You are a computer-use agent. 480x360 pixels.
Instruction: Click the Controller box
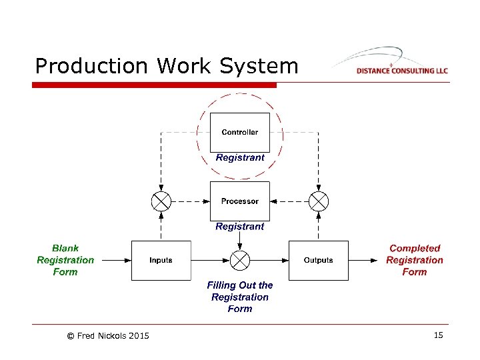tap(239, 132)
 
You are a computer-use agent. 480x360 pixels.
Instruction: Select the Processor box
tap(239, 201)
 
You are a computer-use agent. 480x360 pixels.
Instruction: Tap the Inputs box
tap(161, 260)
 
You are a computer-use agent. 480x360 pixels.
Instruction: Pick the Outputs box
tap(318, 260)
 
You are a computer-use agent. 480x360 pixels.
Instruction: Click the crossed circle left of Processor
tap(161, 201)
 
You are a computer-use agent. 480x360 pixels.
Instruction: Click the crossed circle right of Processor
tap(319, 201)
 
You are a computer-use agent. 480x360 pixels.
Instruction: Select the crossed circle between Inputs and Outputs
tap(239, 260)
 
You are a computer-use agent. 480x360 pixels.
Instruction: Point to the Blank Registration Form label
tap(65, 260)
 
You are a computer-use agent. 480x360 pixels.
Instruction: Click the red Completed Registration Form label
tap(415, 260)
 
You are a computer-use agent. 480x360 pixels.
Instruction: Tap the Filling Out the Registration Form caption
tap(239, 297)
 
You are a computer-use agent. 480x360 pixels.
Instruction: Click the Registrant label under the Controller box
tap(240, 158)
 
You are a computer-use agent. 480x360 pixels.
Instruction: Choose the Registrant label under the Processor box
tap(240, 227)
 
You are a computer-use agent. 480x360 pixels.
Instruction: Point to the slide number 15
tap(438, 335)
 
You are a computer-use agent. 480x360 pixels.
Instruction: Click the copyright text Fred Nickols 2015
tap(108, 336)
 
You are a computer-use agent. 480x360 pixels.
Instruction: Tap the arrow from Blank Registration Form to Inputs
tap(113, 260)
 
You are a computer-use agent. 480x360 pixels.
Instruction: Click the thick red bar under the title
tap(154, 85)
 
